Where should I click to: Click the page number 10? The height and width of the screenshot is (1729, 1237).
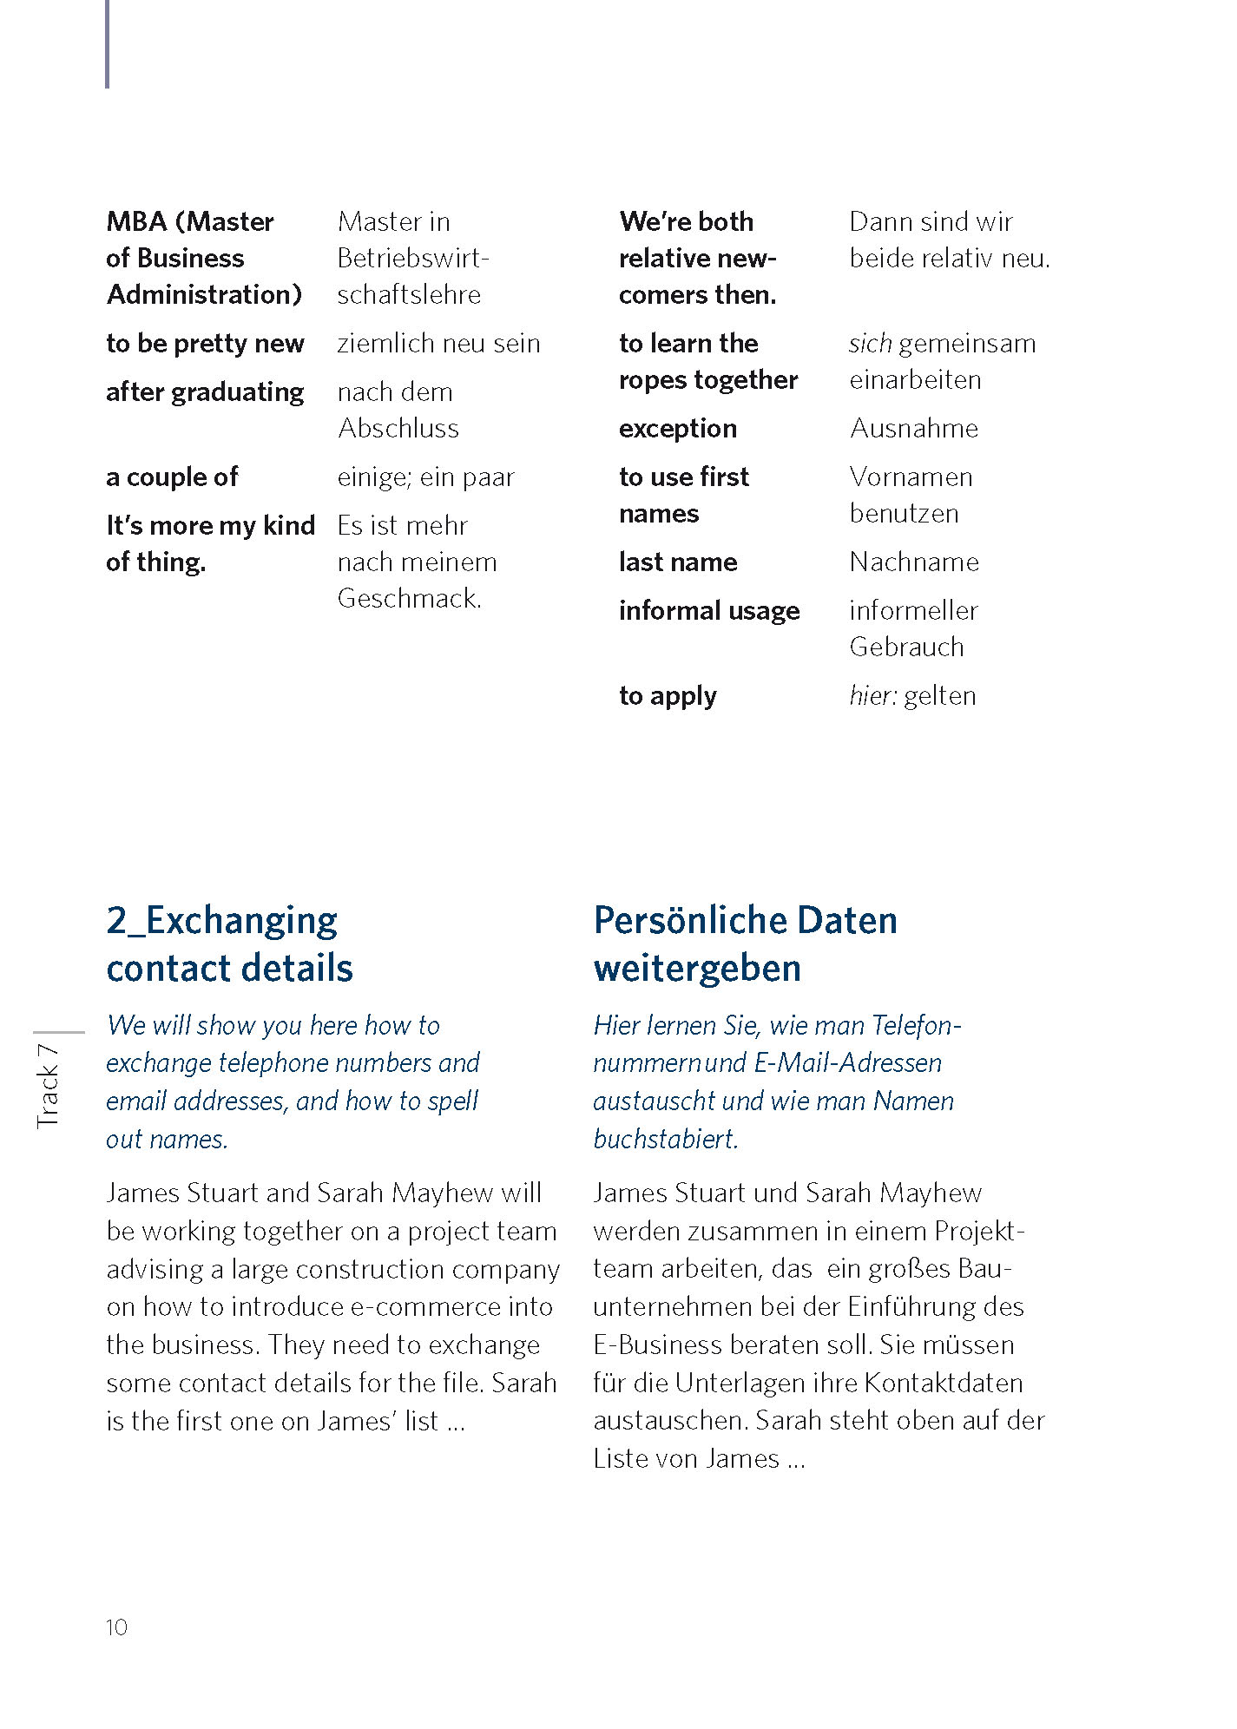tap(116, 1627)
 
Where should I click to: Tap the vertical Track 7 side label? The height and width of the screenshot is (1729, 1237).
tap(48, 1086)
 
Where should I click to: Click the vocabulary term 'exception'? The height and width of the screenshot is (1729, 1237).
tap(677, 428)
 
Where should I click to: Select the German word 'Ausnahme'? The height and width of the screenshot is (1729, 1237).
tap(913, 428)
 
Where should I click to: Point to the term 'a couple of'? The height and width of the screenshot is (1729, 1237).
tap(172, 477)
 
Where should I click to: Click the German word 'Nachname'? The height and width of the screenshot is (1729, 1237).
tap(913, 562)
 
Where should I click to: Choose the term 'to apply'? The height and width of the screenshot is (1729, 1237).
tap(668, 695)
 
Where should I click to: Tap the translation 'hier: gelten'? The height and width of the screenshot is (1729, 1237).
tap(912, 695)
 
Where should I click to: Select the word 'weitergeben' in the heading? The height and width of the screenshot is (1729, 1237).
tap(696, 968)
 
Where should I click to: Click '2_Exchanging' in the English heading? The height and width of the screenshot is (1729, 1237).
tap(222, 920)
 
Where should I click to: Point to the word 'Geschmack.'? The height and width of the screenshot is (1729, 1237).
tap(409, 598)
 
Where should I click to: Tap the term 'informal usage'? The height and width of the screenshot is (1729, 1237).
tap(709, 610)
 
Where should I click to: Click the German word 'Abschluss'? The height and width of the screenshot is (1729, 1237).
tap(398, 428)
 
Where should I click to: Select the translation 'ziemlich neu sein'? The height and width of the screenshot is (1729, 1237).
tap(438, 343)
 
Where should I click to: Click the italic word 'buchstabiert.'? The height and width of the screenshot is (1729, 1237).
tap(666, 1139)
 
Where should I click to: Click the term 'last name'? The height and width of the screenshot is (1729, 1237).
tap(678, 562)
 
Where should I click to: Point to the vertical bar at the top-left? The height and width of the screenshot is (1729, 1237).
tap(107, 43)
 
